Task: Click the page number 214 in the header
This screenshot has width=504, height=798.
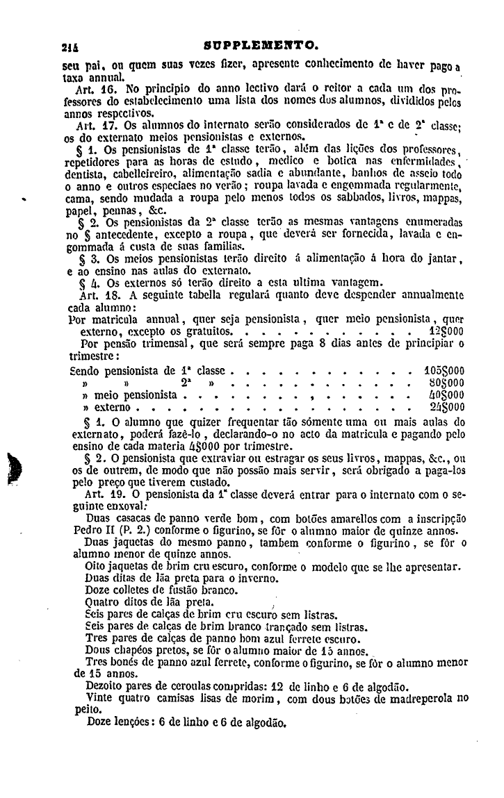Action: tap(69, 48)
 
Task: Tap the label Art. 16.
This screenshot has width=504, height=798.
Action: tap(97, 90)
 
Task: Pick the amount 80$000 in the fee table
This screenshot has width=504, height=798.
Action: tap(446, 383)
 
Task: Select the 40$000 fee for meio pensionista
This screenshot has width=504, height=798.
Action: tap(446, 394)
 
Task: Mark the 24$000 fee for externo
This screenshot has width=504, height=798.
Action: tap(446, 406)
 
